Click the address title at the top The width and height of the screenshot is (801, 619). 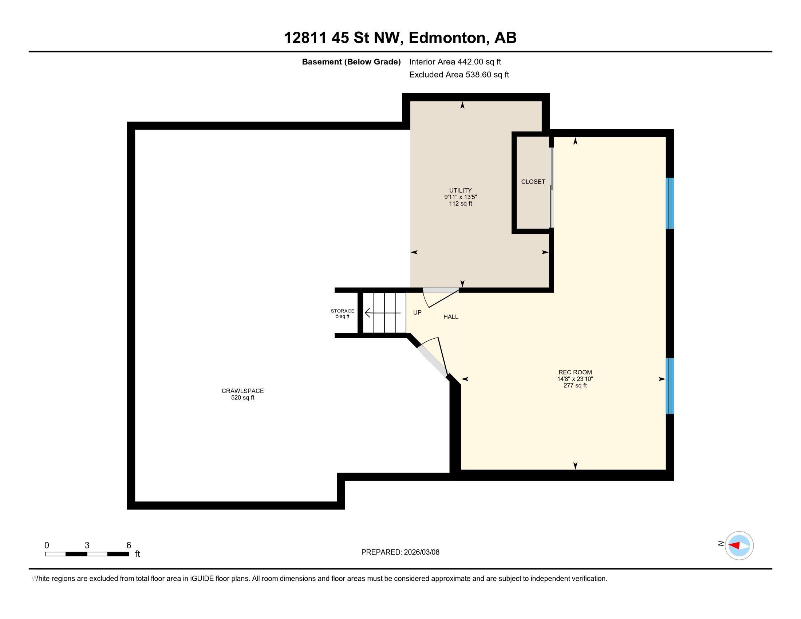(x=400, y=38)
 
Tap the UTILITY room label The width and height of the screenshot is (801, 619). (x=460, y=190)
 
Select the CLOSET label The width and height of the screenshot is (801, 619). (x=533, y=182)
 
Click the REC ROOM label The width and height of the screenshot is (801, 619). (x=575, y=372)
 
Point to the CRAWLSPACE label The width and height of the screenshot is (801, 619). (x=242, y=391)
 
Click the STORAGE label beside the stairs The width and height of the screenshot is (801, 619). (x=343, y=311)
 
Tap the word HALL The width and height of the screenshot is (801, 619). (x=451, y=317)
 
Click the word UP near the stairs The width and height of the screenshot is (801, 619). (x=417, y=312)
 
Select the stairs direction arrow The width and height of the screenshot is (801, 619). (x=383, y=313)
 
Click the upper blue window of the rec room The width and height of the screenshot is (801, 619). (x=670, y=203)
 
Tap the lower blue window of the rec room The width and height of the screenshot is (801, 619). (x=670, y=386)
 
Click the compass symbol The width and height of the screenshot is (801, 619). (x=739, y=545)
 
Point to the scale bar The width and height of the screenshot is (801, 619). (x=87, y=554)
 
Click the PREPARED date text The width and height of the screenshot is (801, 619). (x=400, y=552)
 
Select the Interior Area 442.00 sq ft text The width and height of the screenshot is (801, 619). (x=455, y=62)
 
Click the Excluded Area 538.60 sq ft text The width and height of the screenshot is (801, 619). (x=459, y=75)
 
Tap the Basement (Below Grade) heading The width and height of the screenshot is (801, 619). (x=351, y=62)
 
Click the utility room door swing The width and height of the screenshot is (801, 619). (x=440, y=297)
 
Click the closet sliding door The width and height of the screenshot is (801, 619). (x=551, y=188)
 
